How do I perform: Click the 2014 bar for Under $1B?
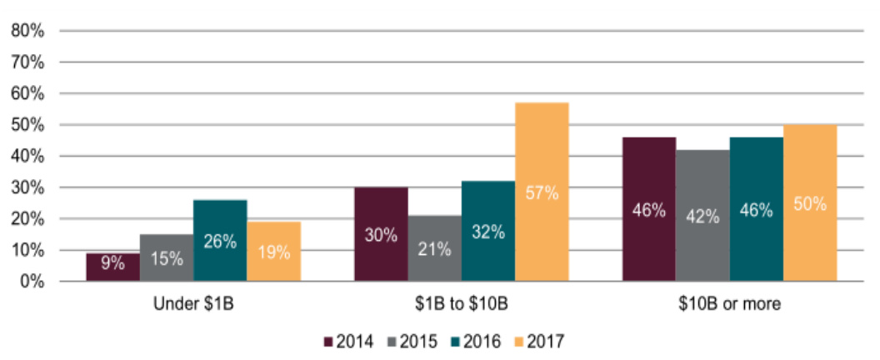(112, 267)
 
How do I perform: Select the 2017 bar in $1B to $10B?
(542, 192)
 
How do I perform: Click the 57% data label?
(542, 192)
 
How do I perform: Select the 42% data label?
(702, 216)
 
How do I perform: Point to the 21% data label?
(434, 248)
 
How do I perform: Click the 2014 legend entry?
(344, 341)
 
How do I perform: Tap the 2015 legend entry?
(409, 341)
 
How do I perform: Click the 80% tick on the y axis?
(27, 31)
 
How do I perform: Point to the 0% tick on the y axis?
(32, 281)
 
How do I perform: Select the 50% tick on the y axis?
(27, 125)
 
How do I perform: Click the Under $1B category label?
(193, 303)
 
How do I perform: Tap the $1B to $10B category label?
(461, 303)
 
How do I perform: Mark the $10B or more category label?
(729, 303)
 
